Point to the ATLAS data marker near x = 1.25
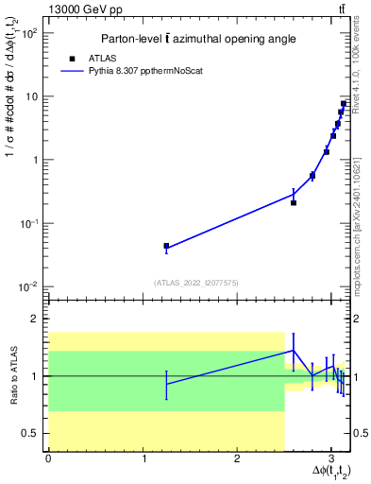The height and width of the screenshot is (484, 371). (166, 246)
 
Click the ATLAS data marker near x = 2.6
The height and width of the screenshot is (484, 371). (294, 202)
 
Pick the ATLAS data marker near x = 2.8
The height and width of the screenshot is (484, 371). (312, 176)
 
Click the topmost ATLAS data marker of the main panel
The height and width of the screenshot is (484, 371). (344, 103)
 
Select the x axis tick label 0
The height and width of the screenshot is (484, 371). (48, 458)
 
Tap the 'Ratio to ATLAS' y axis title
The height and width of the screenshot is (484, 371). (12, 375)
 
